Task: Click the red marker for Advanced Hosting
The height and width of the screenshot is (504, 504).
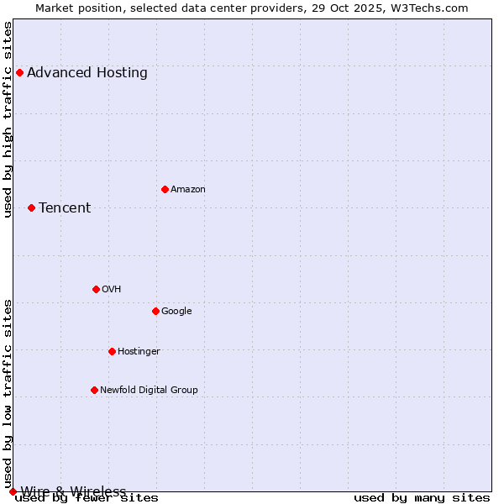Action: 19,72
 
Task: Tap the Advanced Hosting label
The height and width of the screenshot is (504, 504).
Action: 87,73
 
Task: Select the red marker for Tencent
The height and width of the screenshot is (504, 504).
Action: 31,207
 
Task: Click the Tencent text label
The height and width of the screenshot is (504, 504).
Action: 65,208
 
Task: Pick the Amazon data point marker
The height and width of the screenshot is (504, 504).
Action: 165,189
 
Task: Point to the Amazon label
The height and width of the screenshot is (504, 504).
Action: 188,190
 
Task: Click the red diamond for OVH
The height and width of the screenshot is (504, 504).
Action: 96,289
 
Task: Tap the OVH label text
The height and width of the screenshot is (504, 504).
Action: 112,290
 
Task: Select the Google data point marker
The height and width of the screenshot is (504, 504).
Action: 155,311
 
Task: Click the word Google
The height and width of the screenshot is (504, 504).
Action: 176,312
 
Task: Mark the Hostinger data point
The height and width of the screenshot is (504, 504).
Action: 112,351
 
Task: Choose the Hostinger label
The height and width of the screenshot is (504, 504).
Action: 139,352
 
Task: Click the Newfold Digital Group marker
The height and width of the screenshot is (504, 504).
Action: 94,390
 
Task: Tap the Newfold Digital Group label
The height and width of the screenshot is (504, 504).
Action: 149,391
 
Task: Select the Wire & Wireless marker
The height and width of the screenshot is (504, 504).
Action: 13,491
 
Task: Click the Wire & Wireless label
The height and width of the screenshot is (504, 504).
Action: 73,491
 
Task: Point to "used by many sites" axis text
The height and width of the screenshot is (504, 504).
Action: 422,498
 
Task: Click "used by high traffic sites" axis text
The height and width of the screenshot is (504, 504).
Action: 8,119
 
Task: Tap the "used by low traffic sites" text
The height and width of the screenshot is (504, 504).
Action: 8,393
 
